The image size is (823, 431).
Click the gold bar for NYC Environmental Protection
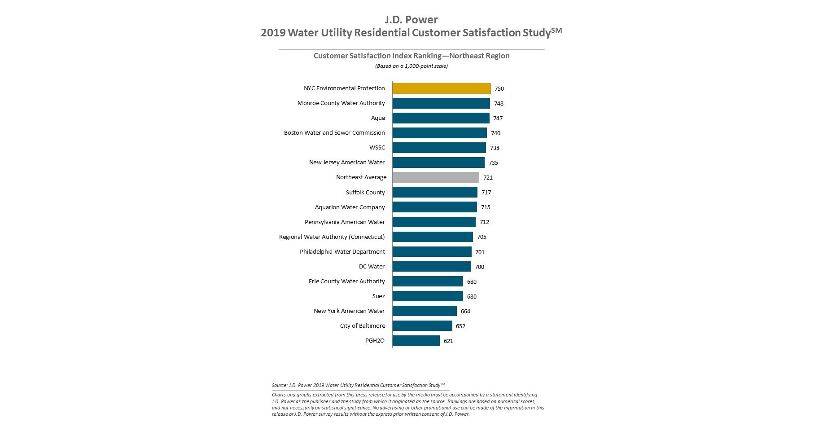[442, 88]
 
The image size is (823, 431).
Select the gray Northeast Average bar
[436, 177]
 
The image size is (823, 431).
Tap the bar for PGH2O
[416, 341]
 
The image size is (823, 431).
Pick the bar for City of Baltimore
[422, 326]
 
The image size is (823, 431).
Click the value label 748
[499, 103]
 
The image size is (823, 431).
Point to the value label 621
[448, 341]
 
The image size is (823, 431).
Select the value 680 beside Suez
[472, 296]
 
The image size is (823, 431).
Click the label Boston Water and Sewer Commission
[334, 133]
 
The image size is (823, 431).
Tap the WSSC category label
[377, 148]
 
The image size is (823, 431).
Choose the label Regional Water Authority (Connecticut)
[332, 237]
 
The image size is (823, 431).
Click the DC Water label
[372, 267]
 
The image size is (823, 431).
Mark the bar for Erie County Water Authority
[428, 281]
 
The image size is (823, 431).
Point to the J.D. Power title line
[411, 20]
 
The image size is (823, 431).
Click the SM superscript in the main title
[556, 30]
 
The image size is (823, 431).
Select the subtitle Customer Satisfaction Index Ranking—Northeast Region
[411, 56]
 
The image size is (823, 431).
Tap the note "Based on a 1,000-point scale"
[411, 66]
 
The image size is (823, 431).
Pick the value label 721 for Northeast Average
[488, 177]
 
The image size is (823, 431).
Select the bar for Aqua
[441, 118]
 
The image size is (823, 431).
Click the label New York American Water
[349, 311]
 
